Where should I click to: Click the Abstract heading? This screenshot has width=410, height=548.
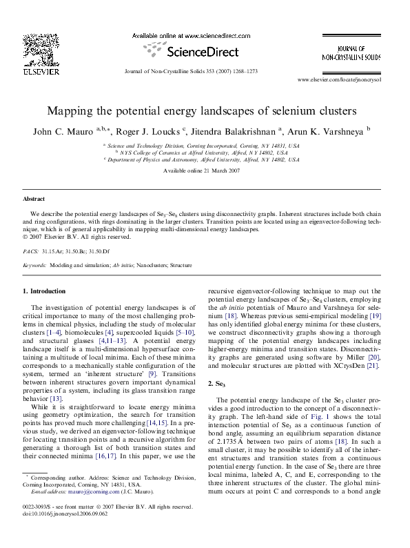(x=34, y=199)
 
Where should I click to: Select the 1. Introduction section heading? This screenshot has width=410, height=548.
(x=45, y=291)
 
